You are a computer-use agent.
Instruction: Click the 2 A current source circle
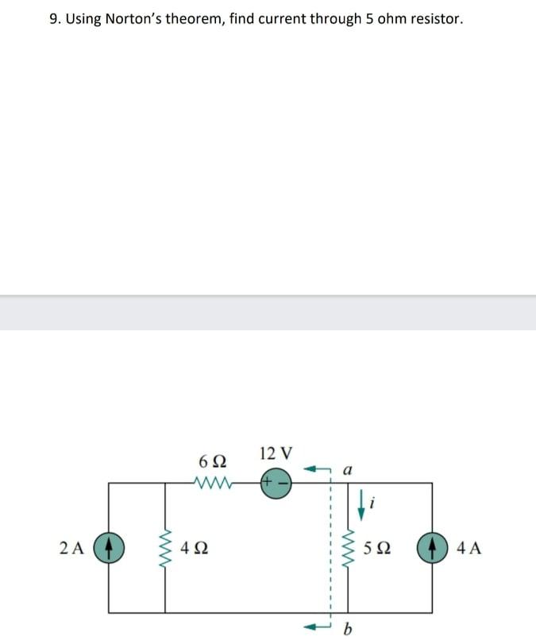coord(108,548)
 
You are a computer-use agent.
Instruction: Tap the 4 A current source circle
coord(432,548)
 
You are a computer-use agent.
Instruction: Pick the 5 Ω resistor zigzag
coord(348,547)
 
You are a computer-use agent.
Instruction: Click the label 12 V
coord(276,454)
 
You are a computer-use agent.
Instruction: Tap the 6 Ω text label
coord(212,461)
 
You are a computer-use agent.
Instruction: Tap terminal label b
coord(346,630)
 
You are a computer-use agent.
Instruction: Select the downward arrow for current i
coord(361,506)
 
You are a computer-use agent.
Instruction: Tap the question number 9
coord(54,18)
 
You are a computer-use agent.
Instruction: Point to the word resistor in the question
coord(434,18)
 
